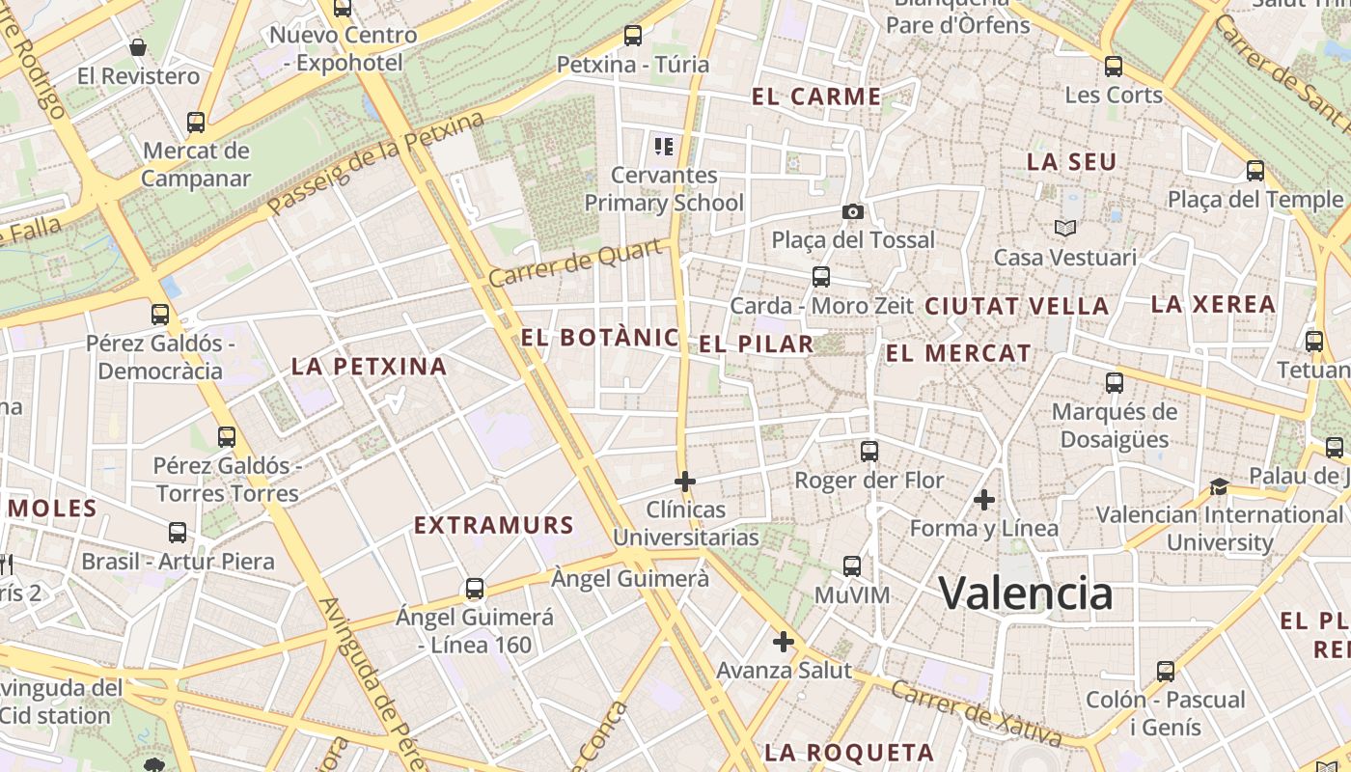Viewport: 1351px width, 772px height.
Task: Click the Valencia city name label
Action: [1026, 593]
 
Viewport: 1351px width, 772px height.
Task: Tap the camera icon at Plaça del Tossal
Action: [853, 211]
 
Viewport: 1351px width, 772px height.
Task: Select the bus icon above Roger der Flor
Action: [869, 451]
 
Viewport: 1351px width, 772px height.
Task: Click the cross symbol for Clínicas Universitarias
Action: [685, 481]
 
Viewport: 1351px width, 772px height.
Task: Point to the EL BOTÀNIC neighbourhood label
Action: [599, 338]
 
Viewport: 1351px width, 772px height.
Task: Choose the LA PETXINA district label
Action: [370, 367]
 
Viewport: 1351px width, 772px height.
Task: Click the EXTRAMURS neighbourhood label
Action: [494, 526]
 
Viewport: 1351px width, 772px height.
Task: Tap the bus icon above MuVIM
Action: [852, 566]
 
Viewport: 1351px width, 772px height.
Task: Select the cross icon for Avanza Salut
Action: [784, 641]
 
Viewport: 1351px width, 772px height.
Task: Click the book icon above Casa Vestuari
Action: [1064, 228]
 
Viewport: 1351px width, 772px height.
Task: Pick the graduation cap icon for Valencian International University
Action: [1220, 486]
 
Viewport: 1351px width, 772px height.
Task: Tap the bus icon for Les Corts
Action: [1114, 67]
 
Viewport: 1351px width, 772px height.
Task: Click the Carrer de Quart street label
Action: [577, 262]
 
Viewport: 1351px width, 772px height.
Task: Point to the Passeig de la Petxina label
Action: [375, 163]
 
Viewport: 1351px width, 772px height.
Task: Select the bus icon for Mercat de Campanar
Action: [196, 123]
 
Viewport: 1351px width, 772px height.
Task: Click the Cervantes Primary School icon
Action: [663, 147]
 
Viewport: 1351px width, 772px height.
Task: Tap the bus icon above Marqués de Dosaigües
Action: [1115, 383]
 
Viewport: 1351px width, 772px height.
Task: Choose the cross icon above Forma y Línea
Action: [984, 500]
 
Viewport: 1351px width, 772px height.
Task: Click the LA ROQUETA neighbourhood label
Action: [849, 753]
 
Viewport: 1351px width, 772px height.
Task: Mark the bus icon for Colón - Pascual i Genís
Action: [1166, 671]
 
